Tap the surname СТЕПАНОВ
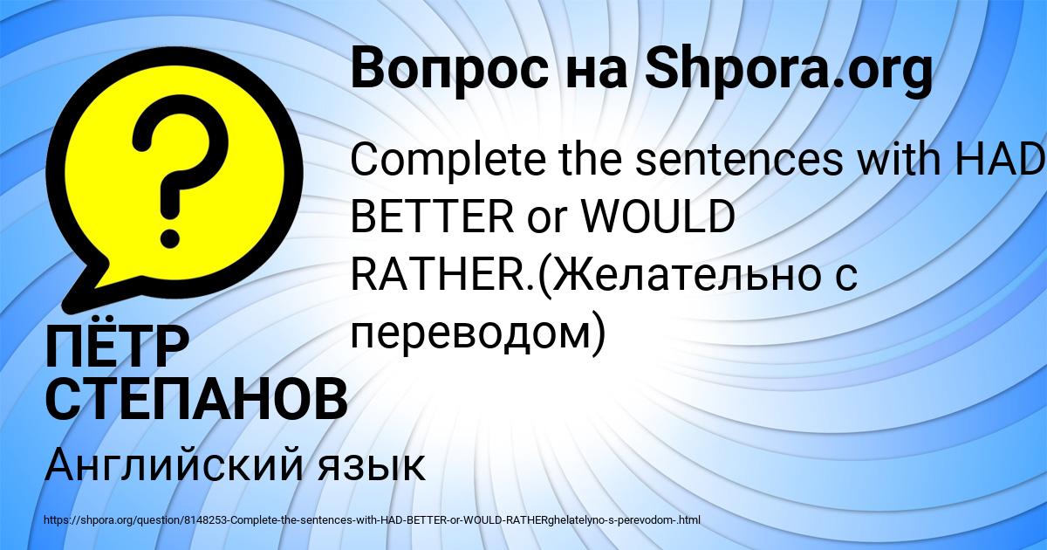[196, 399]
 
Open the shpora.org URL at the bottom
[372, 520]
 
